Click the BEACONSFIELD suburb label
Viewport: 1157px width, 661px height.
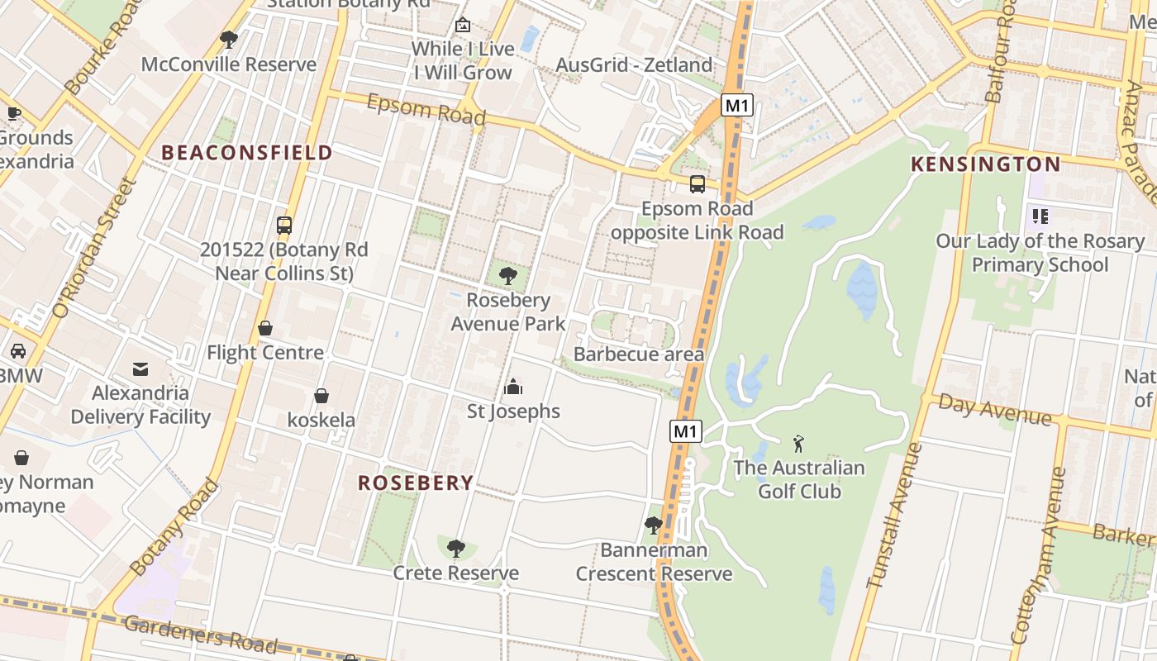[x=246, y=153]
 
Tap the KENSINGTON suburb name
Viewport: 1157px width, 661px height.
[x=985, y=164]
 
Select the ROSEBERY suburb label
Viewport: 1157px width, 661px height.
[x=416, y=483]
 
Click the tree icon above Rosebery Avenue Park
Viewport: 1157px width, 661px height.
[x=508, y=276]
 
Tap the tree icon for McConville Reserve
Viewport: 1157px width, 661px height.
[x=229, y=40]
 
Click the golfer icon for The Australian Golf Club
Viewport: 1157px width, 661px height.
[x=798, y=444]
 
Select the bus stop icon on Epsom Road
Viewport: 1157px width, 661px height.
[x=698, y=184]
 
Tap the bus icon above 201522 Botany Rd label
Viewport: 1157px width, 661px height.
[x=284, y=226]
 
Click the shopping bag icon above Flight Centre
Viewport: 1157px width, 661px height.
[x=265, y=328]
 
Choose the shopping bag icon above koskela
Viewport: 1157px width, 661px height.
[x=321, y=396]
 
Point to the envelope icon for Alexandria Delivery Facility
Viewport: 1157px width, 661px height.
[x=140, y=369]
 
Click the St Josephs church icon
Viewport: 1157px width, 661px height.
[x=513, y=387]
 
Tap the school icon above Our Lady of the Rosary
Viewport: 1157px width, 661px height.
[x=1040, y=216]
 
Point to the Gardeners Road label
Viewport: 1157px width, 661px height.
[x=200, y=635]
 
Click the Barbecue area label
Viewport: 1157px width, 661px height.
[x=639, y=354]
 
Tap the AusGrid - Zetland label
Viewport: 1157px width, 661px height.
[x=634, y=64]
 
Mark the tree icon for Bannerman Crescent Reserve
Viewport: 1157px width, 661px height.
[x=654, y=525]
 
